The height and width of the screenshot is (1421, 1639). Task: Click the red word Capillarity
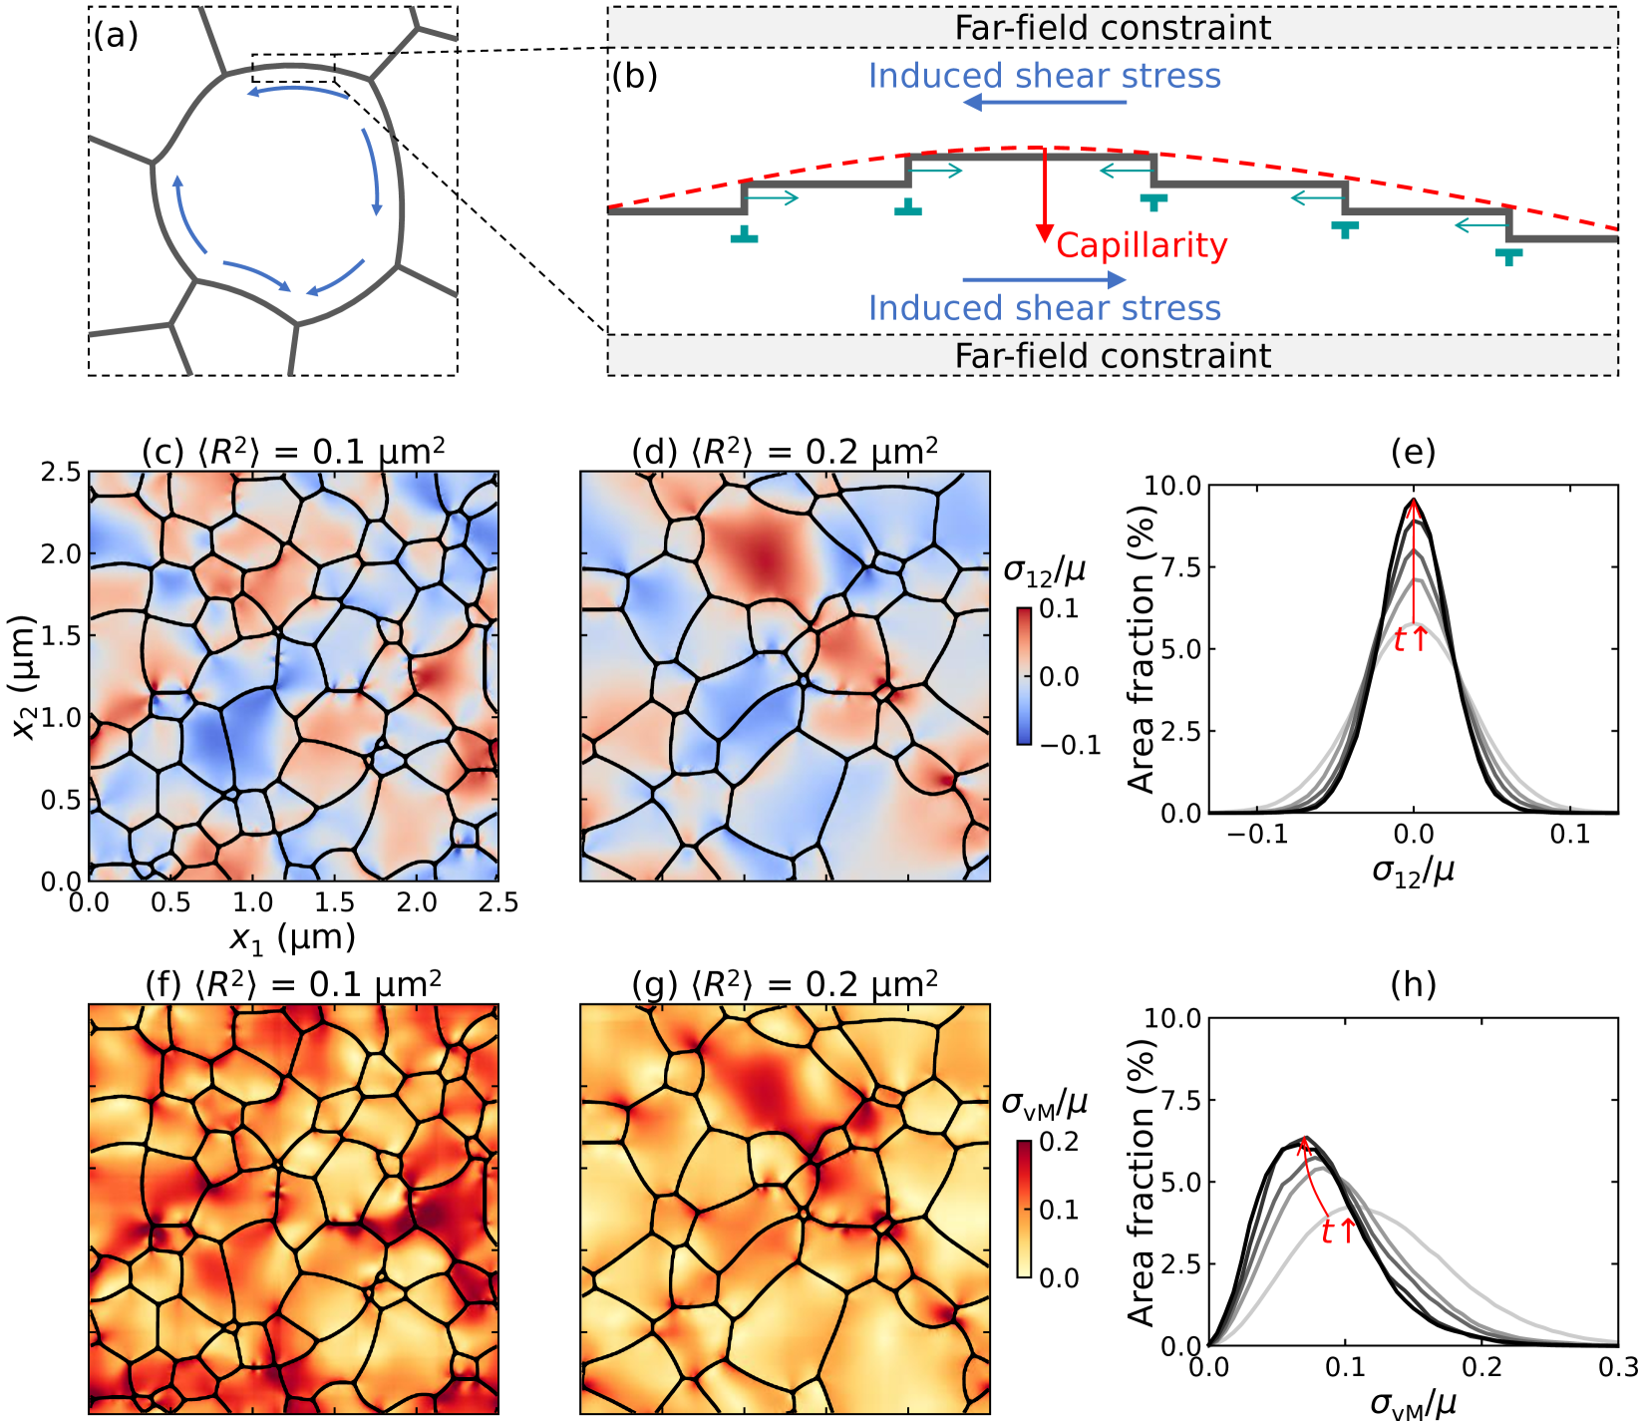tap(1142, 245)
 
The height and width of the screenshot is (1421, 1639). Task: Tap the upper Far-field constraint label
tap(1113, 28)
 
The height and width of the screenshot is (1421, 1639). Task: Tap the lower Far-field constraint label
tap(1113, 356)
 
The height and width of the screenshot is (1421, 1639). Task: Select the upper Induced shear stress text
tap(1044, 76)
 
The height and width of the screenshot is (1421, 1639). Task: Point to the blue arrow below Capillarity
tap(1044, 280)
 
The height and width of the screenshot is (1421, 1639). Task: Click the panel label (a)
tap(116, 37)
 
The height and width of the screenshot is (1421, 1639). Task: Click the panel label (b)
tap(634, 76)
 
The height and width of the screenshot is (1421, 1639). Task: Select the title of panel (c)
tap(293, 452)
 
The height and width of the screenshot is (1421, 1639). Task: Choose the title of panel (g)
tap(785, 984)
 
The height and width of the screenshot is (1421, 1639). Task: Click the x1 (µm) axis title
tap(293, 937)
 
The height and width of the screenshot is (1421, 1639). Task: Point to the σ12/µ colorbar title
tap(1044, 570)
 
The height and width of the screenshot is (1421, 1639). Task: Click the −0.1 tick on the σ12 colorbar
tap(1071, 745)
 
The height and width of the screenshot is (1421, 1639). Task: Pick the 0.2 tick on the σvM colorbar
tap(1059, 1141)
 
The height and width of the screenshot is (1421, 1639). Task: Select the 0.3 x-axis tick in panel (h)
tap(1616, 1366)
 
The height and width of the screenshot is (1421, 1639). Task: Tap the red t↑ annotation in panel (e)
tap(1410, 639)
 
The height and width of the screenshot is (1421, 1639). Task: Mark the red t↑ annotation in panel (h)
tap(1338, 1232)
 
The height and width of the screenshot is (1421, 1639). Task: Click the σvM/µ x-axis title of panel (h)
tap(1413, 1404)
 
